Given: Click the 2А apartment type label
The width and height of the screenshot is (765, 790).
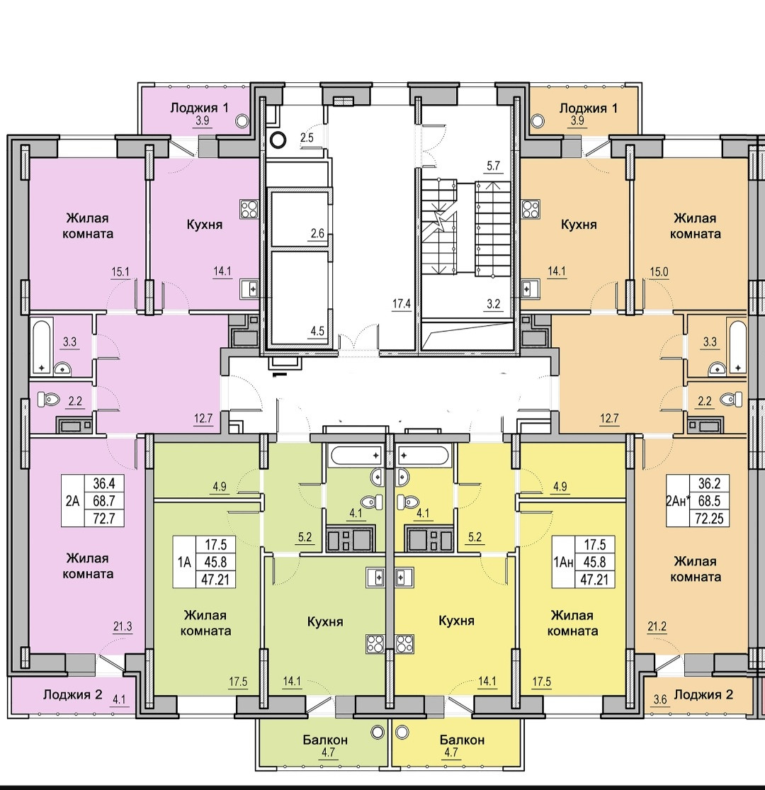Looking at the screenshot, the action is [72, 501].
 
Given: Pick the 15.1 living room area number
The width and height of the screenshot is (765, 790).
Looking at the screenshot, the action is [120, 270].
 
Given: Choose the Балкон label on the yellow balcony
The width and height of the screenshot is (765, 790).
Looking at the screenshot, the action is [461, 740].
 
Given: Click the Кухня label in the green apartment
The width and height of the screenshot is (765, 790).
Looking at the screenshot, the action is [325, 621].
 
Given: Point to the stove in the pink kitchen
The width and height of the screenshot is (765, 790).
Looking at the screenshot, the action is [249, 208].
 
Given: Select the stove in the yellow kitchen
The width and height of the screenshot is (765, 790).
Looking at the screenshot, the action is [404, 644].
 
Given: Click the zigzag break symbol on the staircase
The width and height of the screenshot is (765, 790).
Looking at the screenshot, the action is [441, 223].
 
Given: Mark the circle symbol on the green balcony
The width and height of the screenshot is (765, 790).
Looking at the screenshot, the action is [379, 730].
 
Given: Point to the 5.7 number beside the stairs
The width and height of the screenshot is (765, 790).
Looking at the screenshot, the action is [493, 168].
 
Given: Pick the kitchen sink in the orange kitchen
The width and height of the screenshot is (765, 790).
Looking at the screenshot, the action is [528, 288].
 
